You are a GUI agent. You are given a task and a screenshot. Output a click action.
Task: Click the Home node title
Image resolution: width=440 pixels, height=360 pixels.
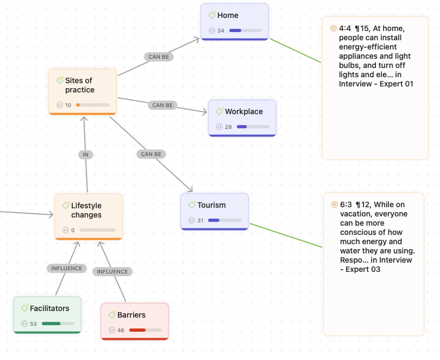coord(228,15)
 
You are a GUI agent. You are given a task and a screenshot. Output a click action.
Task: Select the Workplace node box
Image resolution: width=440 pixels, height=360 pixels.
coord(242,118)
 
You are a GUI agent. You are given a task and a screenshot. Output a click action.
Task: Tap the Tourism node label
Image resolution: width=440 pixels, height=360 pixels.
coord(211,205)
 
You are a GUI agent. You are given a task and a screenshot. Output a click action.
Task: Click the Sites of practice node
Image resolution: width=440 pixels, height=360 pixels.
coord(82,91)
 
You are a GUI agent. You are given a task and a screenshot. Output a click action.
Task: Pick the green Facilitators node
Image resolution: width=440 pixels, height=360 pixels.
coord(47,315)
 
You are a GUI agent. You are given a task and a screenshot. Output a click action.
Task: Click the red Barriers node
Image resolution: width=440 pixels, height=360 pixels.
coord(135,321)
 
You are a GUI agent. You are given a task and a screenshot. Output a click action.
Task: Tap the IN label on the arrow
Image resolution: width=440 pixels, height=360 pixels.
coord(85,154)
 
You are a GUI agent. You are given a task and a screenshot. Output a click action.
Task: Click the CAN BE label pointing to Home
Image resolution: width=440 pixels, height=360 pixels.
coord(159,57)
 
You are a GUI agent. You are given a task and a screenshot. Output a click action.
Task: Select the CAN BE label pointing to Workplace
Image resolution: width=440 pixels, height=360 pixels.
coord(162,105)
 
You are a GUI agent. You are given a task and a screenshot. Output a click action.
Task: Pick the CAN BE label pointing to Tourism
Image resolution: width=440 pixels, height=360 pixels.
coord(151,154)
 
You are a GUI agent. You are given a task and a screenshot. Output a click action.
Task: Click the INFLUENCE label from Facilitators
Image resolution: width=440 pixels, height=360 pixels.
coord(67,268)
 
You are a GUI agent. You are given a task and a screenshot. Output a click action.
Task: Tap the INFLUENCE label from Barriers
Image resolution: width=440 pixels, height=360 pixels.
coord(112,271)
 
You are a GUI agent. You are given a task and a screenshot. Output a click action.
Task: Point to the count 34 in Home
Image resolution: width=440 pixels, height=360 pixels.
coord(221,30)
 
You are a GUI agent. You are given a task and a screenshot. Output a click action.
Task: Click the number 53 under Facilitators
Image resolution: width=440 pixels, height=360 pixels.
coord(33,324)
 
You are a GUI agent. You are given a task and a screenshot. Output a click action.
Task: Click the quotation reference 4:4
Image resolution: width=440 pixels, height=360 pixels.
coord(345,28)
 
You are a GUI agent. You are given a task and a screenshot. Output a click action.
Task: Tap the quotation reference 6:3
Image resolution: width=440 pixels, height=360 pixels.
coord(346,204)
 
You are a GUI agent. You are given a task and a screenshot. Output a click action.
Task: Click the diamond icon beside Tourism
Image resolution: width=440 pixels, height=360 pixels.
coord(192,205)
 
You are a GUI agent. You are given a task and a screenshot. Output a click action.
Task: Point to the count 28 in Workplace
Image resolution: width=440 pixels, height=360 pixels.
coord(228,127)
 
